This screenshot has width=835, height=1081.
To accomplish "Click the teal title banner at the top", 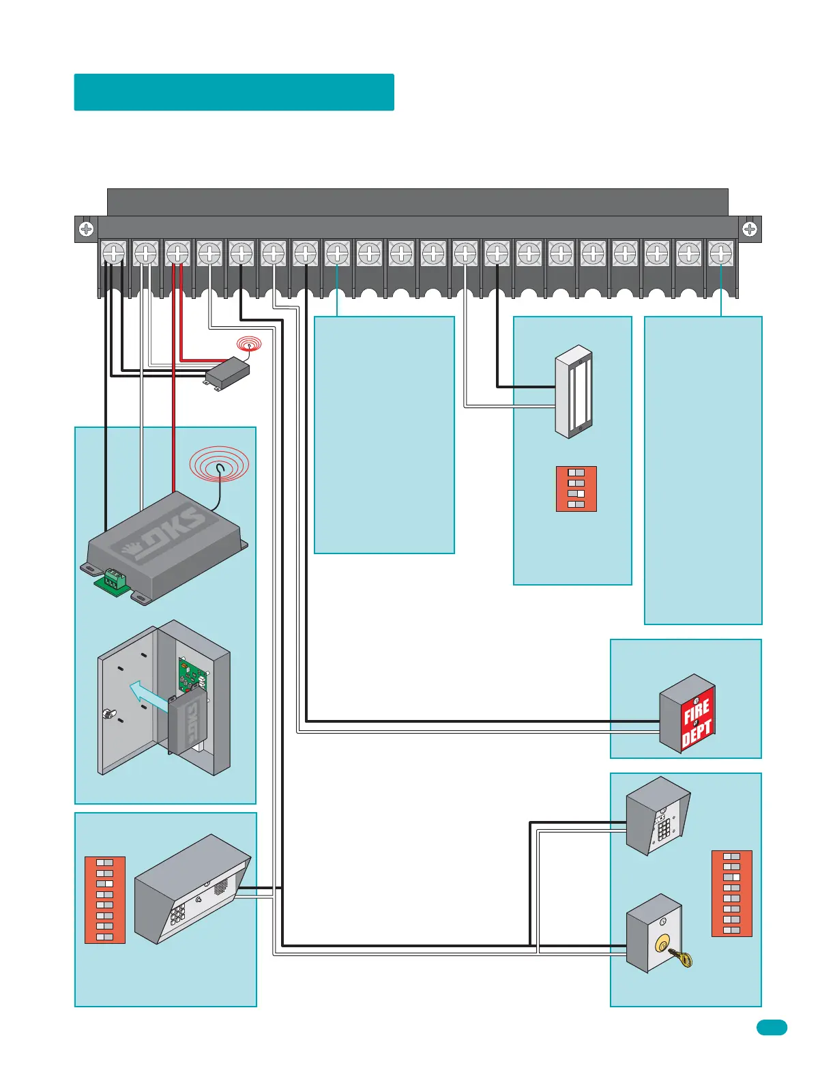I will pos(234,92).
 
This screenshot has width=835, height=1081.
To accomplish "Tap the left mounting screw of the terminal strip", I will pos(86,229).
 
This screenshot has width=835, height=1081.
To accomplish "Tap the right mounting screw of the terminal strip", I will pos(749,229).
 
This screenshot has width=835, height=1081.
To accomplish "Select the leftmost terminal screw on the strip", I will pos(113,254).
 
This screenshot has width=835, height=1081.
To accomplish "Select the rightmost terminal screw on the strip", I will pos(721,254).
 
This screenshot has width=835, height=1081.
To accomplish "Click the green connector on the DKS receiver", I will pos(112,580).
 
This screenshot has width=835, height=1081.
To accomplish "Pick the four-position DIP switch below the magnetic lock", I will pos(576,489).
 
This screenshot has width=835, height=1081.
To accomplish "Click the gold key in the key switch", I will pos(681,957).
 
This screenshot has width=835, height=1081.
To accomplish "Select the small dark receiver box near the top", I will pos(227,372).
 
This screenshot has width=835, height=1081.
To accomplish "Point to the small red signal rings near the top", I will pos(249,344).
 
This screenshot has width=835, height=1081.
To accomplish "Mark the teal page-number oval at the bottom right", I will pos(772,1027).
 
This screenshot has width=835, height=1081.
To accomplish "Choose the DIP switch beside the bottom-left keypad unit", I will pos(105,899).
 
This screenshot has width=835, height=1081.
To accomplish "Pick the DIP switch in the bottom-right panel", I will pos(731,893).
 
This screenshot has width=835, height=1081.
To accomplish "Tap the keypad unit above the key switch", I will pos(658,816).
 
